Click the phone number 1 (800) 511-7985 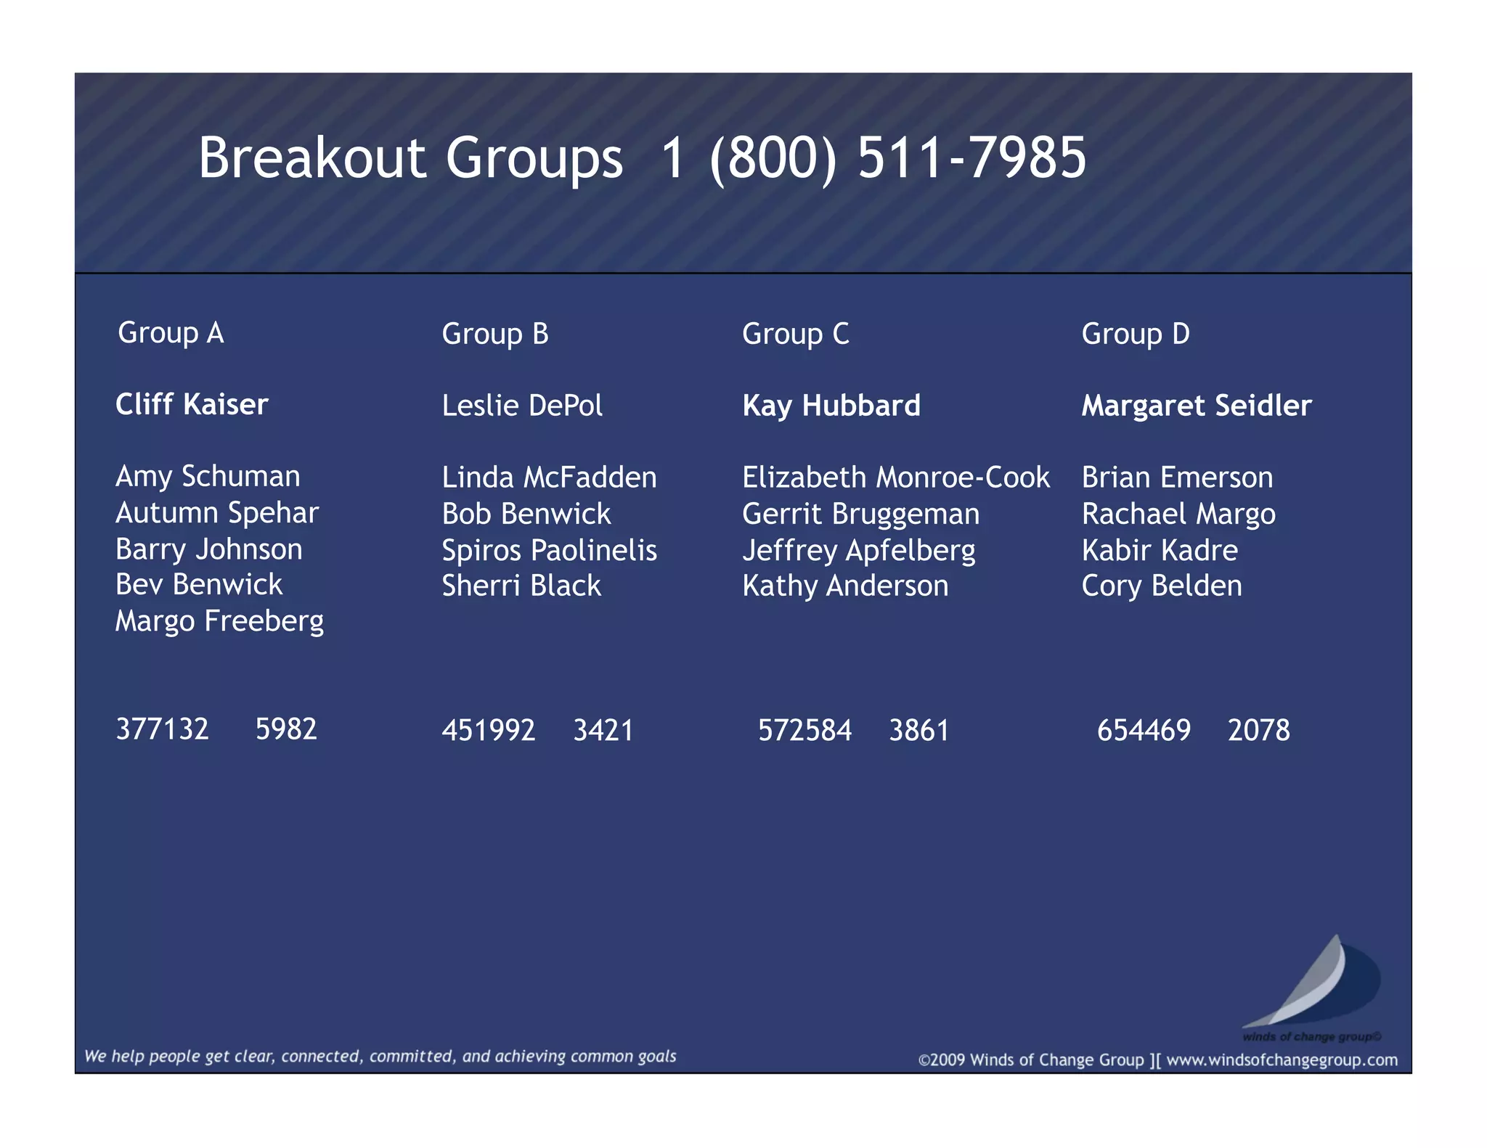click(873, 157)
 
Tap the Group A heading click(171, 333)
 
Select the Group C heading click(795, 334)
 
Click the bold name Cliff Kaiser click(192, 404)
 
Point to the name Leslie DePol click(522, 406)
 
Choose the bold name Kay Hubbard click(831, 406)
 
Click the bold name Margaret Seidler click(1197, 406)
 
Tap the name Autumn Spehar click(217, 513)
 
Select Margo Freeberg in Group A click(219, 621)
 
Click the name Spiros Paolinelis click(550, 550)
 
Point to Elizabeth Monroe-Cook click(896, 477)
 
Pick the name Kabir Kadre click(1160, 550)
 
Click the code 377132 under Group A click(163, 729)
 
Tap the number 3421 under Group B click(603, 730)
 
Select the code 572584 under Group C click(804, 730)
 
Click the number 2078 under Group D click(1258, 730)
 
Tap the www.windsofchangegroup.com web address click(1282, 1060)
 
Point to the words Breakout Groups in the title click(410, 157)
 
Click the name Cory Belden click(1162, 586)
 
